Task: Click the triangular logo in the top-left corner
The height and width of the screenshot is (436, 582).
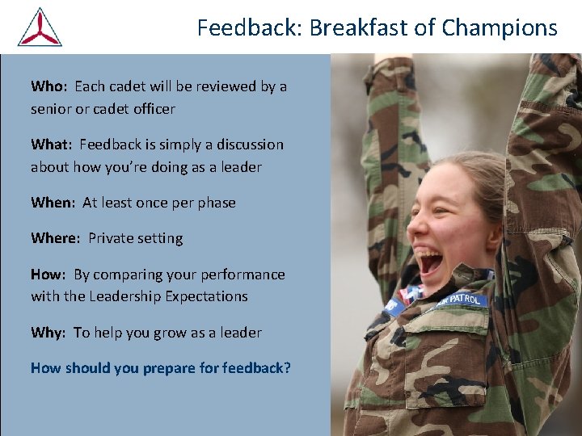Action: click(x=40, y=27)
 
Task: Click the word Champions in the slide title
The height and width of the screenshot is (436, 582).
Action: click(x=500, y=28)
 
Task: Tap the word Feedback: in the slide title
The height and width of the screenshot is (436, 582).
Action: click(x=250, y=28)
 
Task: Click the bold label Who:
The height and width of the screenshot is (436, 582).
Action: click(x=49, y=86)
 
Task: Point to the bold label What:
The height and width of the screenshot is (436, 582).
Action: click(x=52, y=145)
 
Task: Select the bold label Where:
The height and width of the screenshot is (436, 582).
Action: click(x=56, y=238)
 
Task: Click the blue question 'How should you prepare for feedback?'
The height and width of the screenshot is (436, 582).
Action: click(x=161, y=368)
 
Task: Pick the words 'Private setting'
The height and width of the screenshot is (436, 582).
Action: click(x=136, y=238)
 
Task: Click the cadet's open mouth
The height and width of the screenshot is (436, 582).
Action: click(x=429, y=261)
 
